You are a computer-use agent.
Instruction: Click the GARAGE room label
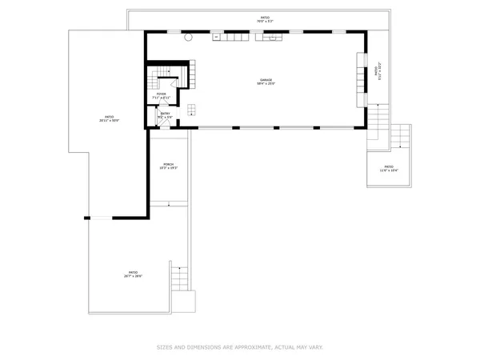click(x=266, y=81)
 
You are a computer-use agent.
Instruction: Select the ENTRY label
click(x=165, y=114)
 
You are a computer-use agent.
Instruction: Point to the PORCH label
click(x=168, y=166)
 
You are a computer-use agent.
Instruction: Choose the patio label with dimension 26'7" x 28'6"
click(x=133, y=274)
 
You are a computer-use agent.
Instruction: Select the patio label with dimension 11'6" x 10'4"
click(x=389, y=169)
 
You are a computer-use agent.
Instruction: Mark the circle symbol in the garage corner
click(x=189, y=37)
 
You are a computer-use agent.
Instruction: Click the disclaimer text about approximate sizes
click(x=239, y=347)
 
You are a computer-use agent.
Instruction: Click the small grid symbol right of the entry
click(x=192, y=110)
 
